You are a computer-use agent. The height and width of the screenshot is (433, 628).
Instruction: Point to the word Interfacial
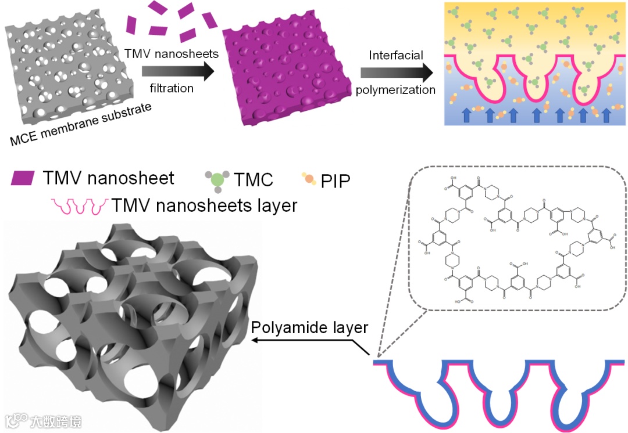(x=396, y=55)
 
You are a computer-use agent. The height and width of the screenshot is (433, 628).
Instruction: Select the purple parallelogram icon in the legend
(x=23, y=178)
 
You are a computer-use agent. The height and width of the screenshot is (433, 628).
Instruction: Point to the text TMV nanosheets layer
(x=204, y=205)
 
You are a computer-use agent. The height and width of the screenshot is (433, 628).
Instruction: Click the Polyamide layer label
(x=309, y=328)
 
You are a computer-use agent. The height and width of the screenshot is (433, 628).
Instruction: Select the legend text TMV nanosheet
(x=108, y=178)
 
